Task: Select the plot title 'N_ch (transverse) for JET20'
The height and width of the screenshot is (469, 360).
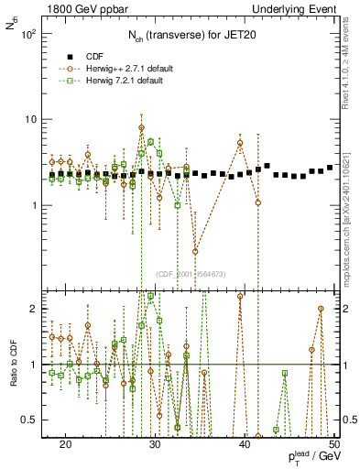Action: [x=191, y=36]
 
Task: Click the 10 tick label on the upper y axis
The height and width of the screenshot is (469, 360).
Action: [x=36, y=119]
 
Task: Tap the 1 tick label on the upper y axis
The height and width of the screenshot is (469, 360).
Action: [x=39, y=205]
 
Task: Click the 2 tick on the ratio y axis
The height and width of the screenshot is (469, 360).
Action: [x=39, y=309]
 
